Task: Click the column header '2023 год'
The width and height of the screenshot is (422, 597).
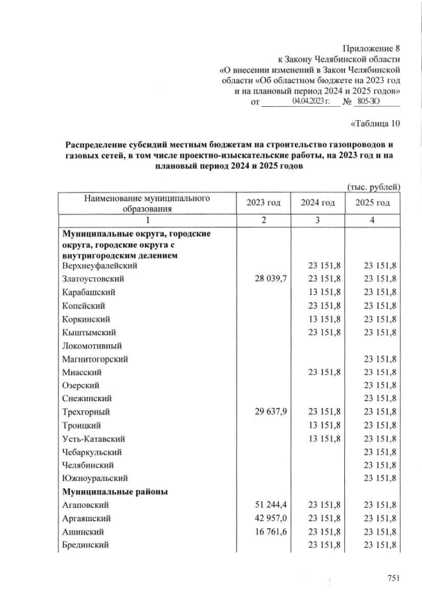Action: coord(263,203)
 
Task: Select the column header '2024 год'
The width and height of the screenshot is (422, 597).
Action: coord(318,203)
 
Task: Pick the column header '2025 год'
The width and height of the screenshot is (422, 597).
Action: coord(373,203)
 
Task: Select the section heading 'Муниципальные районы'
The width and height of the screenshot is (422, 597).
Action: coord(106,491)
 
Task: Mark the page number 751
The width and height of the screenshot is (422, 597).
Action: coord(394,579)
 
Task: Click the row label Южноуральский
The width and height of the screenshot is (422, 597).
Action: coord(95,478)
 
